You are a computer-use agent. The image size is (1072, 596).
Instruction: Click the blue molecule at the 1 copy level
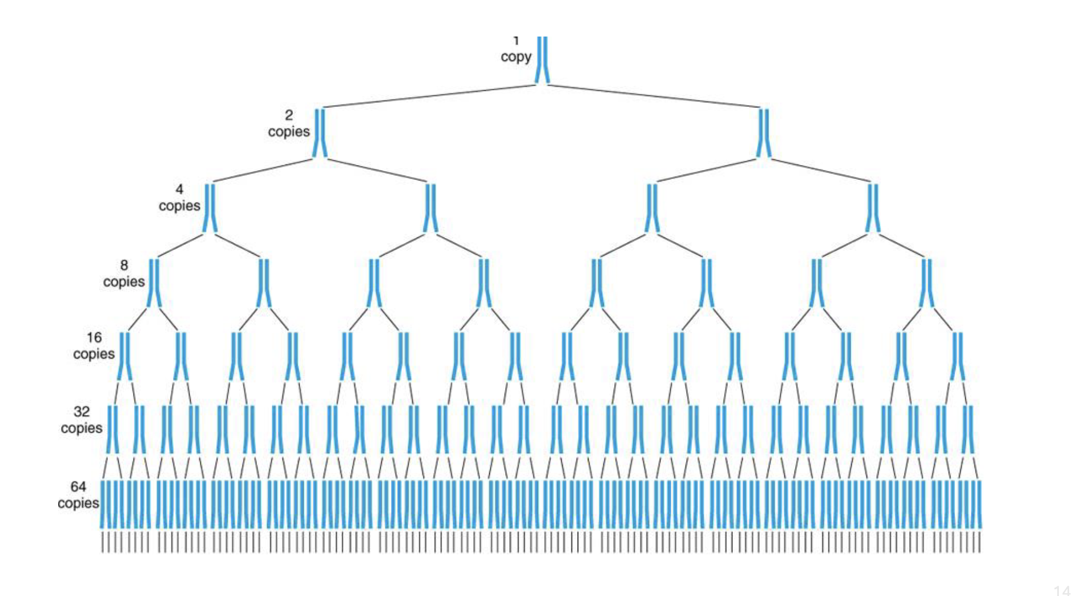pyautogui.click(x=542, y=60)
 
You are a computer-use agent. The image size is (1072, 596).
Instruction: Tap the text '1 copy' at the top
pyautogui.click(x=515, y=51)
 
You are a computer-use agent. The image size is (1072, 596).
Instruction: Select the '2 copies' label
pyautogui.click(x=289, y=124)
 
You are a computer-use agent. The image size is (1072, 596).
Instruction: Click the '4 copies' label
pyautogui.click(x=179, y=198)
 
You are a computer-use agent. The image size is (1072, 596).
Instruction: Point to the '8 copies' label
pyautogui.click(x=124, y=274)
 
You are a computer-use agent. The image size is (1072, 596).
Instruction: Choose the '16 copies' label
pyautogui.click(x=94, y=346)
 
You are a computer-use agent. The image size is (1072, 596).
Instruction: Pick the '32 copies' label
pyautogui.click(x=81, y=420)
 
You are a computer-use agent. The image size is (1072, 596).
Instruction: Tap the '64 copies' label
pyautogui.click(x=78, y=495)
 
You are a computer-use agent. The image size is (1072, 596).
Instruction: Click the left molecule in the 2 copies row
pyautogui.click(x=320, y=132)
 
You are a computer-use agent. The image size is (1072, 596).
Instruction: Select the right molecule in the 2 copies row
pyautogui.click(x=763, y=132)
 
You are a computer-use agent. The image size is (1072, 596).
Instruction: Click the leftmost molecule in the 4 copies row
pyautogui.click(x=209, y=207)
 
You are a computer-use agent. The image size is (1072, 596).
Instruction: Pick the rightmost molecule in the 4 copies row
pyautogui.click(x=872, y=207)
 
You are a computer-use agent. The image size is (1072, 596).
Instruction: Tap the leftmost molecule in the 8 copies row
pyautogui.click(x=154, y=283)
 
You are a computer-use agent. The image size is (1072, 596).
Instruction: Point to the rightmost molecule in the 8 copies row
pyautogui.click(x=926, y=283)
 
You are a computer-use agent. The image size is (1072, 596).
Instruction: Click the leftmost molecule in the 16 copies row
pyautogui.click(x=124, y=356)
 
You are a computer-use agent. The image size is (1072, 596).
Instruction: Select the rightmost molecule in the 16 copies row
pyautogui.click(x=957, y=356)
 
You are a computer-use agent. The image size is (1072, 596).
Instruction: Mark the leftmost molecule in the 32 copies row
pyautogui.click(x=112, y=429)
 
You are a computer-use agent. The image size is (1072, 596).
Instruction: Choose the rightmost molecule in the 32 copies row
pyautogui.click(x=968, y=429)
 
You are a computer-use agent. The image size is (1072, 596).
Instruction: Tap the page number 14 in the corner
pyautogui.click(x=1062, y=590)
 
